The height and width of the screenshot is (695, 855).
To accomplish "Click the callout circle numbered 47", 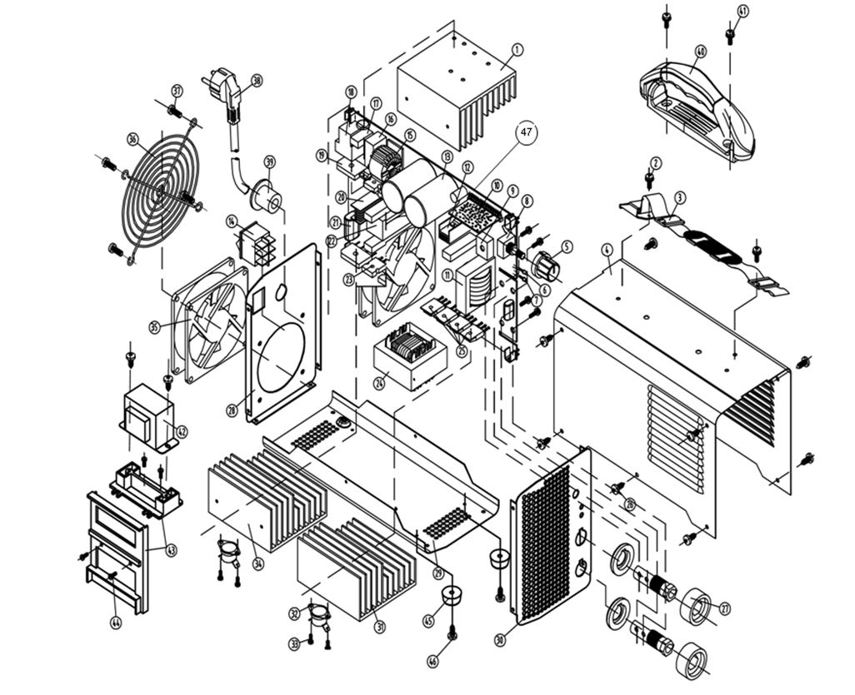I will tap(526, 132).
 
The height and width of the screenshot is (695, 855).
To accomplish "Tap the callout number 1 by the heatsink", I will tap(517, 50).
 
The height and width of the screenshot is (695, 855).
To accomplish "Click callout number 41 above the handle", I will tap(743, 11).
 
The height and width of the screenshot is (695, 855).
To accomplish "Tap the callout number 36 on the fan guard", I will tap(132, 139).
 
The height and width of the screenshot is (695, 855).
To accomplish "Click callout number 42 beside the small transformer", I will tap(182, 431).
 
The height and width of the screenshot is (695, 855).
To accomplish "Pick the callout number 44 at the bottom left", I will tap(115, 622).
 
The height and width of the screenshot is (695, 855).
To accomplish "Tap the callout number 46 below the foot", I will tap(432, 662).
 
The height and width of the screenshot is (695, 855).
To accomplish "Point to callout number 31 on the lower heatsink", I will tap(379, 627).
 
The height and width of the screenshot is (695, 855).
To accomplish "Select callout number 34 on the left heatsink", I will tap(258, 564).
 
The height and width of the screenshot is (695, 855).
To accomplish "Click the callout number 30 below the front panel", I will tap(500, 640).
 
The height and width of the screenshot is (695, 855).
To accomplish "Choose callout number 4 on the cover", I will tap(607, 249).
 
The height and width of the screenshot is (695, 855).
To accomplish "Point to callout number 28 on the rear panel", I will tap(231, 409).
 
